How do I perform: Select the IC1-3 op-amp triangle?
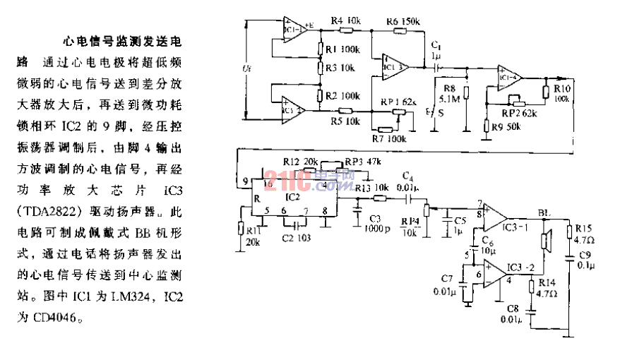[x=395, y=67]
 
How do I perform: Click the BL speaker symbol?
[x=546, y=240]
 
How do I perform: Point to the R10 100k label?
[x=562, y=93]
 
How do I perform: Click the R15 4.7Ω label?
[x=583, y=232]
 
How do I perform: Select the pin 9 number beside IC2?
[x=245, y=182]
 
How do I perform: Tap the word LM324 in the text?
[x=139, y=296]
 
